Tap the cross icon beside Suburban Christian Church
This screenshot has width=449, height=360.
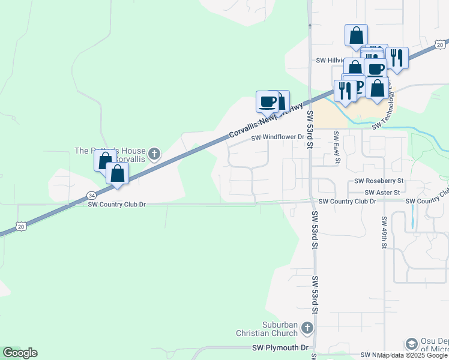coord(307,328)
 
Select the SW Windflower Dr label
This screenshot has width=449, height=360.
coord(278,137)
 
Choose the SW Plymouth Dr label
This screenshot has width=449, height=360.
coord(280,347)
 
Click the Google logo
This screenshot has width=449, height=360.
coord(20,353)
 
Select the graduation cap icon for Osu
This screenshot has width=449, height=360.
coord(411,344)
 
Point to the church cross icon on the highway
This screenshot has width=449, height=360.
coord(154,154)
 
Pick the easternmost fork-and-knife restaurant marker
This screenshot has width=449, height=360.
coord(397,58)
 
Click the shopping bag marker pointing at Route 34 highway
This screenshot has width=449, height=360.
coord(118,173)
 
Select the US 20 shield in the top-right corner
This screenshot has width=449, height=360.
coord(440,44)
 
